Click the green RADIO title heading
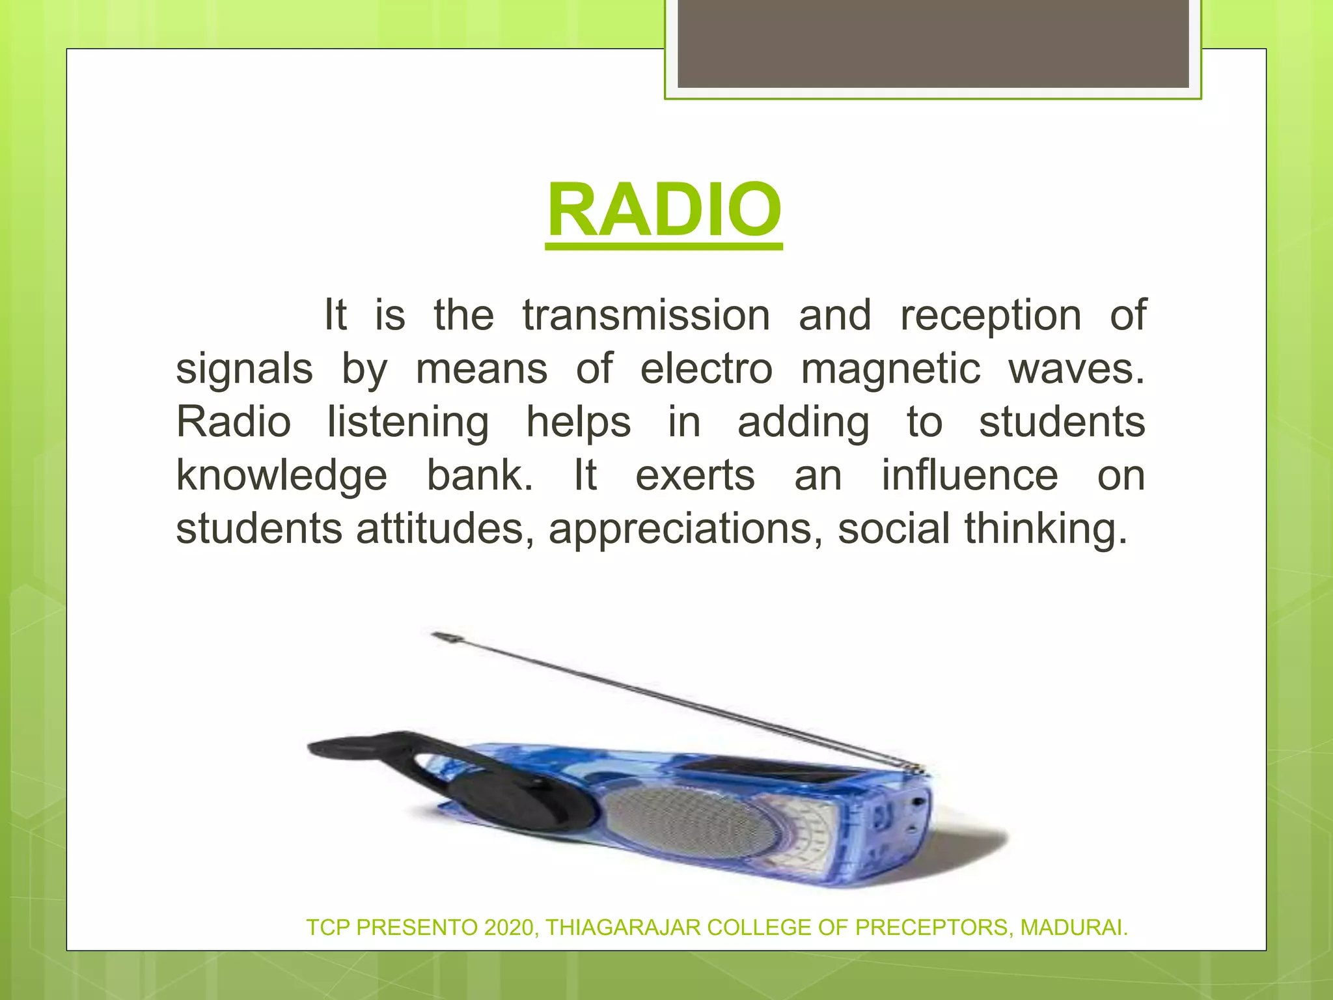(664, 210)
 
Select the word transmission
(646, 316)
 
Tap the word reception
(990, 316)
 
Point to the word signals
(244, 369)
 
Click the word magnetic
(890, 369)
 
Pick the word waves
(1075, 369)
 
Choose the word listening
(407, 423)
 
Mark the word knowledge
(281, 475)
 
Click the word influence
(970, 475)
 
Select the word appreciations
(681, 528)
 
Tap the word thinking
(1045, 528)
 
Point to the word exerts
(695, 475)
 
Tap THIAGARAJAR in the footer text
(623, 927)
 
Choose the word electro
(706, 369)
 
